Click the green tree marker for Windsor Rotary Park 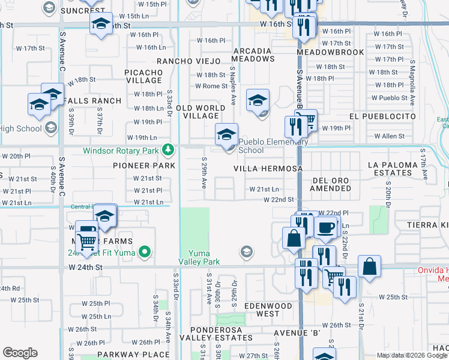tap(170, 149)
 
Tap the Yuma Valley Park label tap(200, 257)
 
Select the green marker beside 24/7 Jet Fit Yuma tap(144, 252)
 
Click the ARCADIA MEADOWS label tap(257, 56)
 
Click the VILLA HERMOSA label tap(268, 169)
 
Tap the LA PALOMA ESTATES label tap(390, 168)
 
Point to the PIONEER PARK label tap(144, 165)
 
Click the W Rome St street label tap(211, 86)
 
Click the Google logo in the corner tap(20, 353)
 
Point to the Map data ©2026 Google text tap(412, 355)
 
